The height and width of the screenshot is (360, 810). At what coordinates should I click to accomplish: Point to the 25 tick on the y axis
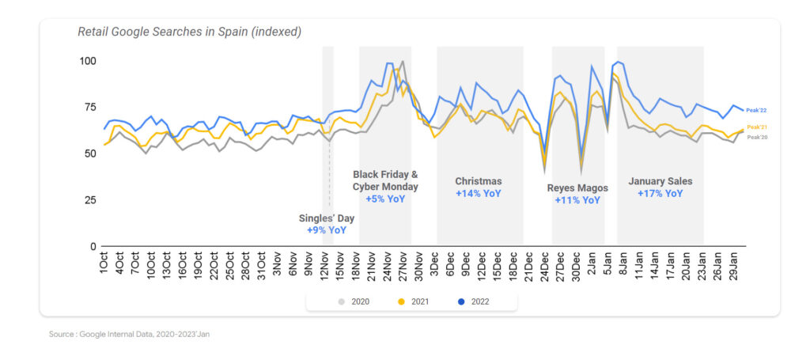tap(90, 200)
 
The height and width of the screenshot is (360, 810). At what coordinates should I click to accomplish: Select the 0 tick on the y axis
tap(93, 247)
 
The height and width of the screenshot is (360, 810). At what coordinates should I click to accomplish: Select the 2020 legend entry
tap(355, 301)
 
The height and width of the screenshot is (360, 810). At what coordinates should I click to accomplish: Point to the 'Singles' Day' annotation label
tap(326, 218)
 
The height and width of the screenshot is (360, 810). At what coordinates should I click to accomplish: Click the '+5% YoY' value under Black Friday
tap(385, 199)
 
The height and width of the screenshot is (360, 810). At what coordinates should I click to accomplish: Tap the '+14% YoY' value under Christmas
tap(478, 193)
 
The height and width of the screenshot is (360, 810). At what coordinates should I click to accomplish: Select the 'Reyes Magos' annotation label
tap(577, 188)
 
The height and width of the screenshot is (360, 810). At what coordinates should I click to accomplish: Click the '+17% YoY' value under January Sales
tap(660, 193)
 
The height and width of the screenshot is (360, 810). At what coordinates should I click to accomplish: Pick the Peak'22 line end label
tap(758, 110)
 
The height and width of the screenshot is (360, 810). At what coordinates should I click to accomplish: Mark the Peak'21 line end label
tap(758, 127)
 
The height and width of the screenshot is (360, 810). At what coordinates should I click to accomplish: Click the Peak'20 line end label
tap(758, 137)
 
